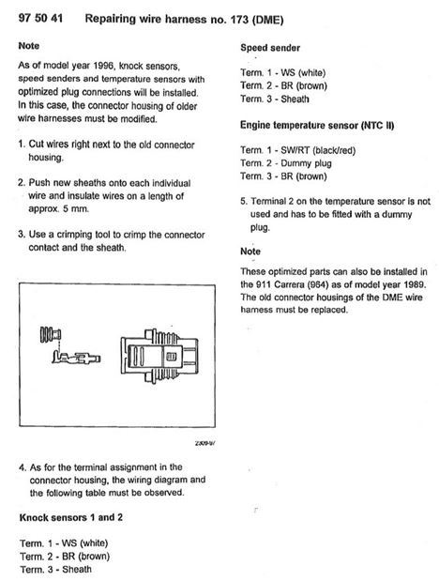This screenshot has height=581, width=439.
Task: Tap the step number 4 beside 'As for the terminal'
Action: point(22,466)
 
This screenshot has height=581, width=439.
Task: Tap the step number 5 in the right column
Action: point(243,201)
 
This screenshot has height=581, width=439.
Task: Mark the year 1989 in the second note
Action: point(408,283)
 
